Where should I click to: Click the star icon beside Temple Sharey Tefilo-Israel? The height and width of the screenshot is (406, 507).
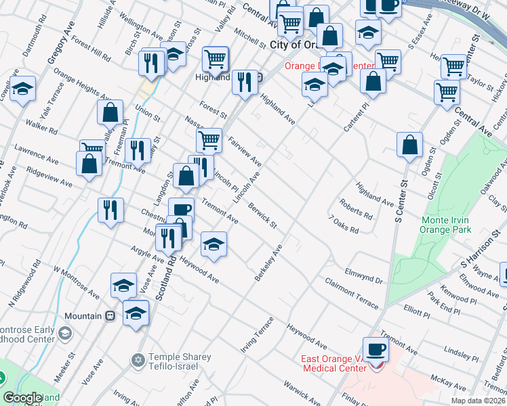tap(139, 358)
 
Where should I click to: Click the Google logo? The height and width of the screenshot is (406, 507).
tap(22, 398)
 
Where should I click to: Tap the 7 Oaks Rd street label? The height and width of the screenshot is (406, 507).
tap(344, 225)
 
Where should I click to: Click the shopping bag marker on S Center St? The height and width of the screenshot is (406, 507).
tap(410, 145)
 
